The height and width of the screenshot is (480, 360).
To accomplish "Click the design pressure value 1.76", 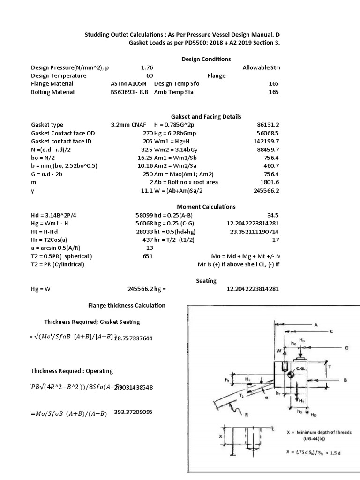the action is (147, 67).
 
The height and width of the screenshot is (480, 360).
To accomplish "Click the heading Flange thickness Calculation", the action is (127, 305).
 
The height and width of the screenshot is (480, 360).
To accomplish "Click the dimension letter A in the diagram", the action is (316, 325).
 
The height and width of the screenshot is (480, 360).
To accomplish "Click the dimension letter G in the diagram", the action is (346, 348).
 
